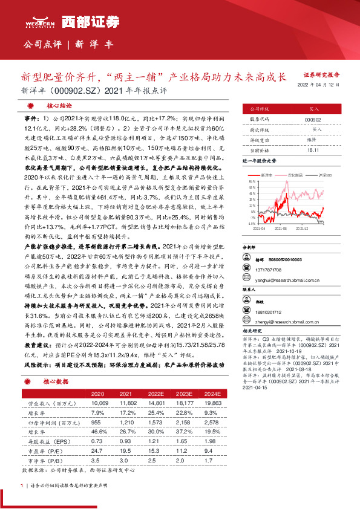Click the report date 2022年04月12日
click(322, 85)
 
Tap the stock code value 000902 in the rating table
click(313, 120)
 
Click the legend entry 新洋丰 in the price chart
click(267, 173)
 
